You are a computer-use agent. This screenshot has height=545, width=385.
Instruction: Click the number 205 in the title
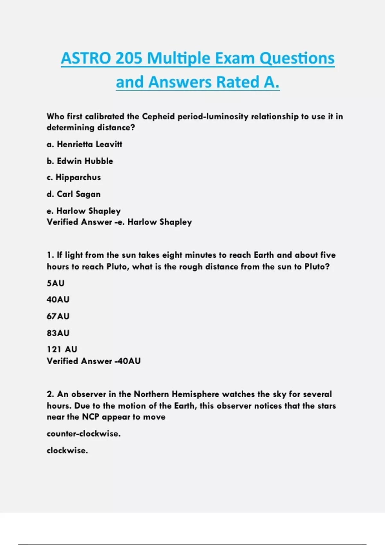coord(128,58)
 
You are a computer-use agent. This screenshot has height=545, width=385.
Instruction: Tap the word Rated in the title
coord(238,82)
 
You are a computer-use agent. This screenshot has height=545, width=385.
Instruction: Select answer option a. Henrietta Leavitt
coord(84,144)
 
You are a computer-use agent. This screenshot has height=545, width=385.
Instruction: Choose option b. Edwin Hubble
coord(80,161)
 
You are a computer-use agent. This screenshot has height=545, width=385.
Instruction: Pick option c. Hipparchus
coord(74,177)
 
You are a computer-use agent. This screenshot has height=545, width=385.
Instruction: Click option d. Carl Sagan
coord(74,194)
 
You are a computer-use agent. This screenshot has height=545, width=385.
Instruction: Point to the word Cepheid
coord(158,116)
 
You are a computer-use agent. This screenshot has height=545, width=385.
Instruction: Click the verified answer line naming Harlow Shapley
coord(119,222)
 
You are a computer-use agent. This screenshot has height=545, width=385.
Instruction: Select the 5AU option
coord(56,283)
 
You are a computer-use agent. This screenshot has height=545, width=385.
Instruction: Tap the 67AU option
coord(58,316)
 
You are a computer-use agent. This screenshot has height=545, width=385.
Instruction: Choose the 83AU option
coord(58,333)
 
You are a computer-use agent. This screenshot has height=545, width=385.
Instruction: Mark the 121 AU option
coord(62,349)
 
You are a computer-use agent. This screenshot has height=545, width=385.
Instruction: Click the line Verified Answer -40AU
coord(94,361)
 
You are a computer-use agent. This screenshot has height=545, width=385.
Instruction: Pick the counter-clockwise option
coord(84,434)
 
